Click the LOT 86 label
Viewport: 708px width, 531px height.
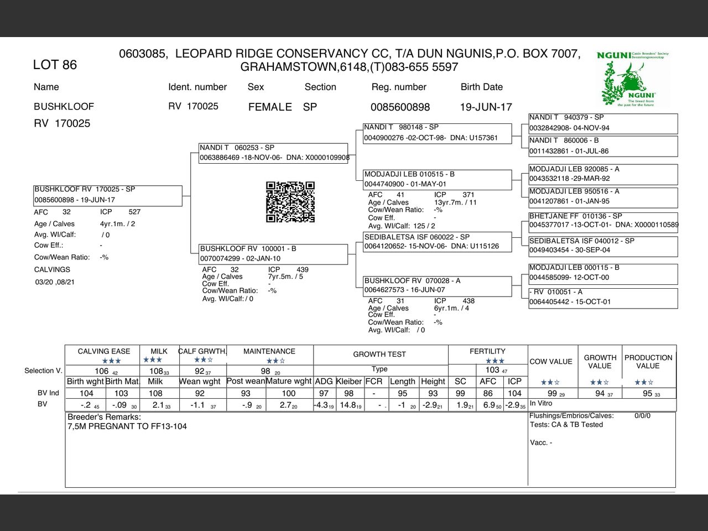click(x=55, y=65)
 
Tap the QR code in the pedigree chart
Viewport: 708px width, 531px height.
click(x=290, y=202)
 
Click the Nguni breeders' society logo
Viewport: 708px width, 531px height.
click(x=633, y=79)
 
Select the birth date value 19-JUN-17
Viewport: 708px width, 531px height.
click(x=486, y=107)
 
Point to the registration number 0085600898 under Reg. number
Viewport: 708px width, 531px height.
click(x=400, y=107)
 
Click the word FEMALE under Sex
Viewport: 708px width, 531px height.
click(x=270, y=107)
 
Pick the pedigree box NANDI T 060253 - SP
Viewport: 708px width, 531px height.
click(x=273, y=153)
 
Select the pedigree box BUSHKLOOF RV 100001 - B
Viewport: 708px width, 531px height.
click(x=273, y=254)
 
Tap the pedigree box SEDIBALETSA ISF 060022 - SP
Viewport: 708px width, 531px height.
click(x=437, y=242)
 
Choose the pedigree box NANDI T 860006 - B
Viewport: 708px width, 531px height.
click(x=603, y=146)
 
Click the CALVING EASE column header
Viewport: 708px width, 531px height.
click(x=104, y=351)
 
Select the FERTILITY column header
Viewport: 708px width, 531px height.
click(x=487, y=351)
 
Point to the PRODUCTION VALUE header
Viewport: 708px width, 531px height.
click(x=648, y=362)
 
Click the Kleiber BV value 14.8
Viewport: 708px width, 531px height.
click(x=348, y=405)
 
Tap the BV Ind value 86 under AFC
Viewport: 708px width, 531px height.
click(x=487, y=393)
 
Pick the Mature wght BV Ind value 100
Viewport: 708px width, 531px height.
click(x=289, y=393)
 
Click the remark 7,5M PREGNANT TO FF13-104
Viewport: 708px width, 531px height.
click(x=127, y=426)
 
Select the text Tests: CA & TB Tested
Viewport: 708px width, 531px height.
click(x=566, y=425)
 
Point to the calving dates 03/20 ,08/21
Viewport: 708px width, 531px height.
click(x=55, y=282)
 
